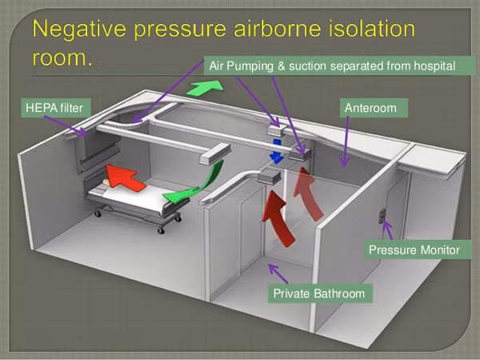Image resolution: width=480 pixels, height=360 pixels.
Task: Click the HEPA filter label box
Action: (56, 108)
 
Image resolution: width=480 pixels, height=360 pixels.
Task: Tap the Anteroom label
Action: (374, 108)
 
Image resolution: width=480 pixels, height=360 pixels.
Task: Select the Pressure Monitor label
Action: (417, 250)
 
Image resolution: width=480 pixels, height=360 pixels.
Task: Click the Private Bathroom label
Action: (320, 294)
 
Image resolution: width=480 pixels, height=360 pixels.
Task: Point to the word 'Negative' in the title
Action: (79, 29)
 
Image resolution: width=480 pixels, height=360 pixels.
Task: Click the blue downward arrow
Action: (277, 150)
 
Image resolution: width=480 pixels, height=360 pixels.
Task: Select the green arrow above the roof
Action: (205, 88)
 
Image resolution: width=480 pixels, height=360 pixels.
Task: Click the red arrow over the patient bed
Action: (124, 178)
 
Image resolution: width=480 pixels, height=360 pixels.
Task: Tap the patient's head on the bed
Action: (106, 182)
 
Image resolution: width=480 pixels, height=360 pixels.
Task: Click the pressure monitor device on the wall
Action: (382, 215)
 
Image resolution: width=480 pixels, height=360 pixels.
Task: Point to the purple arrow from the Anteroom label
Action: (346, 142)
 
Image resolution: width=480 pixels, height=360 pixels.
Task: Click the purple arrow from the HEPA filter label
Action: (66, 126)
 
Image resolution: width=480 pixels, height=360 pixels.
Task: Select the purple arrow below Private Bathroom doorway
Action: (278, 274)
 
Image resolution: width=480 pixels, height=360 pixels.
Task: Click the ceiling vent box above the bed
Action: (215, 154)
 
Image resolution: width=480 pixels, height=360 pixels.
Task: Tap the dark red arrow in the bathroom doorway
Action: (278, 218)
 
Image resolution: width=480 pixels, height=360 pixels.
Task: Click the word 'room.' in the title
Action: (62, 58)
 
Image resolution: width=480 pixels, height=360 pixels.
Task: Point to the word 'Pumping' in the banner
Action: (249, 66)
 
